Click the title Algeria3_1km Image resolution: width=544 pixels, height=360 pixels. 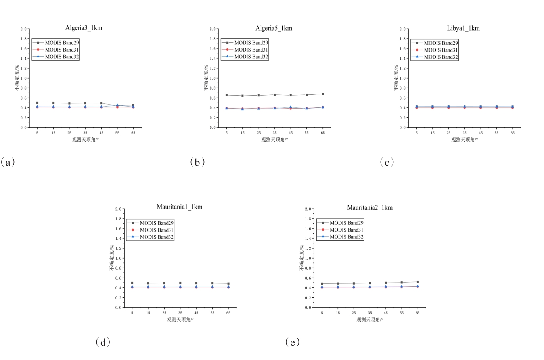point(84,28)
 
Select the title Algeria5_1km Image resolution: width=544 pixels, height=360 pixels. point(274,28)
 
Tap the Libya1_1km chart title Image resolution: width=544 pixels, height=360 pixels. point(463,28)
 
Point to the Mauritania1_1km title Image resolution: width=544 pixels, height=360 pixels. point(179,207)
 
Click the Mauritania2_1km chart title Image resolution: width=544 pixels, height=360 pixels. point(370,207)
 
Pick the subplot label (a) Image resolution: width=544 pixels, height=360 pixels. point(8,162)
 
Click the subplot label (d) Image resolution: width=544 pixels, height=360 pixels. point(103,342)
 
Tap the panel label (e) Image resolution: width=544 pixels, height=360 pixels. point(293,342)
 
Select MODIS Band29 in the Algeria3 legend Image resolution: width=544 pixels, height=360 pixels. point(62,42)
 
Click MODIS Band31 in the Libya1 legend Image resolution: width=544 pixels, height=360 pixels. point(441,50)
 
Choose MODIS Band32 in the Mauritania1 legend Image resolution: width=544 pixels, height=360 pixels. point(157,237)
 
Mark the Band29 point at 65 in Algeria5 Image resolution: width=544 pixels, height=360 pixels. point(323,94)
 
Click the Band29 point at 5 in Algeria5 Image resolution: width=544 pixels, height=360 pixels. point(226,95)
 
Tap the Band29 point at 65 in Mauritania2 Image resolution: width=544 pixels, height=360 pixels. point(418,282)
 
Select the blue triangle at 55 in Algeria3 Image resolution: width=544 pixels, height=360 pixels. point(117,105)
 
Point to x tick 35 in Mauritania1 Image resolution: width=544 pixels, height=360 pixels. point(180,313)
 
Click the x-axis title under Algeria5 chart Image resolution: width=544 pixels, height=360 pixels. point(274,140)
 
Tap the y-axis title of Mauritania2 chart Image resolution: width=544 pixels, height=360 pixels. point(302,258)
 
